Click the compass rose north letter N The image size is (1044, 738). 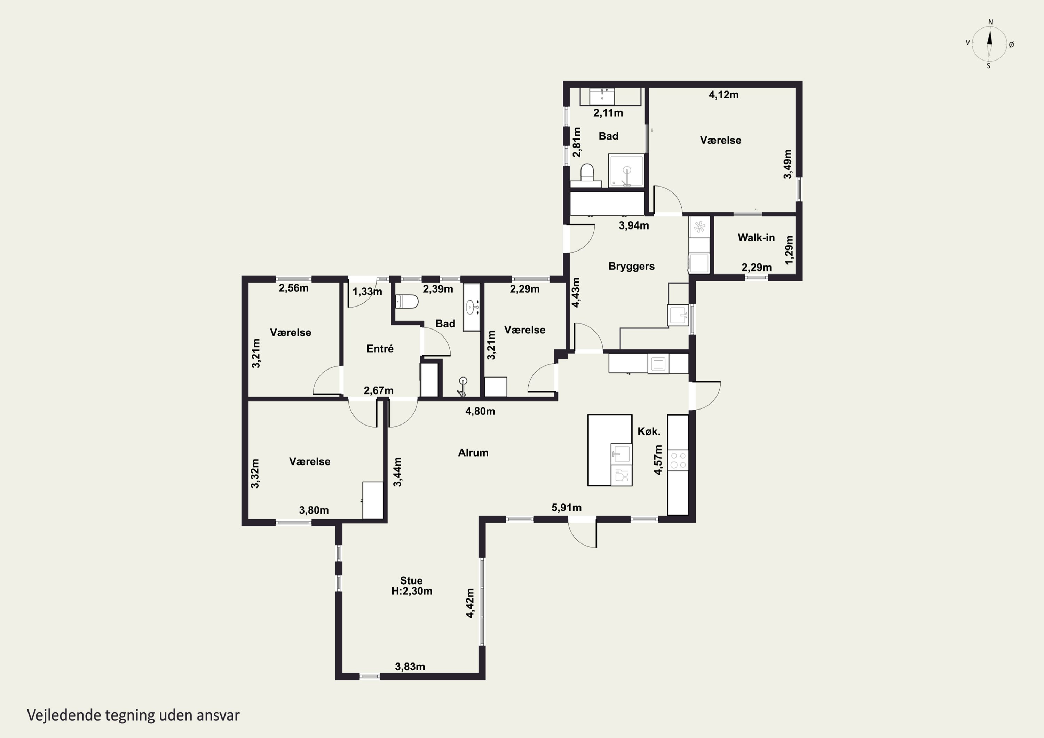(990, 22)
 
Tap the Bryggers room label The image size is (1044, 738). (632, 267)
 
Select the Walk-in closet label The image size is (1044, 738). (756, 237)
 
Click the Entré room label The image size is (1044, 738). (380, 349)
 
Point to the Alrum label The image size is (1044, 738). (473, 452)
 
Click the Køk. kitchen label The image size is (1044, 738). (649, 431)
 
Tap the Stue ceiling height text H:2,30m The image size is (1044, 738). (411, 591)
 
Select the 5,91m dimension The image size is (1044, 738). (567, 507)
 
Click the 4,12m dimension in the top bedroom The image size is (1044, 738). (724, 95)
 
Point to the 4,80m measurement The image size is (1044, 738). (480, 411)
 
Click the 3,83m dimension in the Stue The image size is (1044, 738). (410, 667)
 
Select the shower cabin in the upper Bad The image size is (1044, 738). (627, 170)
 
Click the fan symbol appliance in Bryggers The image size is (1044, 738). (699, 227)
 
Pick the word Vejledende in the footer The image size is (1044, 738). (64, 715)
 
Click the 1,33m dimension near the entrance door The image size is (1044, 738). (367, 292)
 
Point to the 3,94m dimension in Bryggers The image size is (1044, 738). (634, 225)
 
